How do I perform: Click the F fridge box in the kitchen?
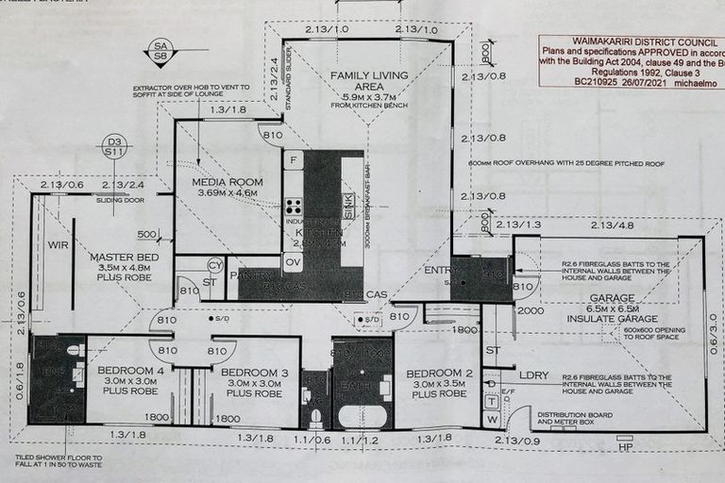[x=294, y=160]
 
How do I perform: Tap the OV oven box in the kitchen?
[x=293, y=262]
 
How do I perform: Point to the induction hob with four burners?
[x=294, y=207]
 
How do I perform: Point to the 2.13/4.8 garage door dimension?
[x=611, y=225]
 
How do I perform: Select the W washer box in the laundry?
[x=491, y=417]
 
